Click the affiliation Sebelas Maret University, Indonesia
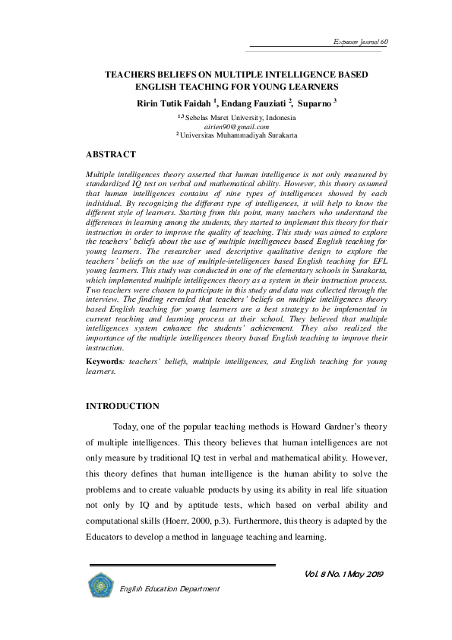[240, 119]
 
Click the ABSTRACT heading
[110, 155]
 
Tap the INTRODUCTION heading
[122, 407]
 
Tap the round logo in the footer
[100, 585]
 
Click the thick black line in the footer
[182, 566]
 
